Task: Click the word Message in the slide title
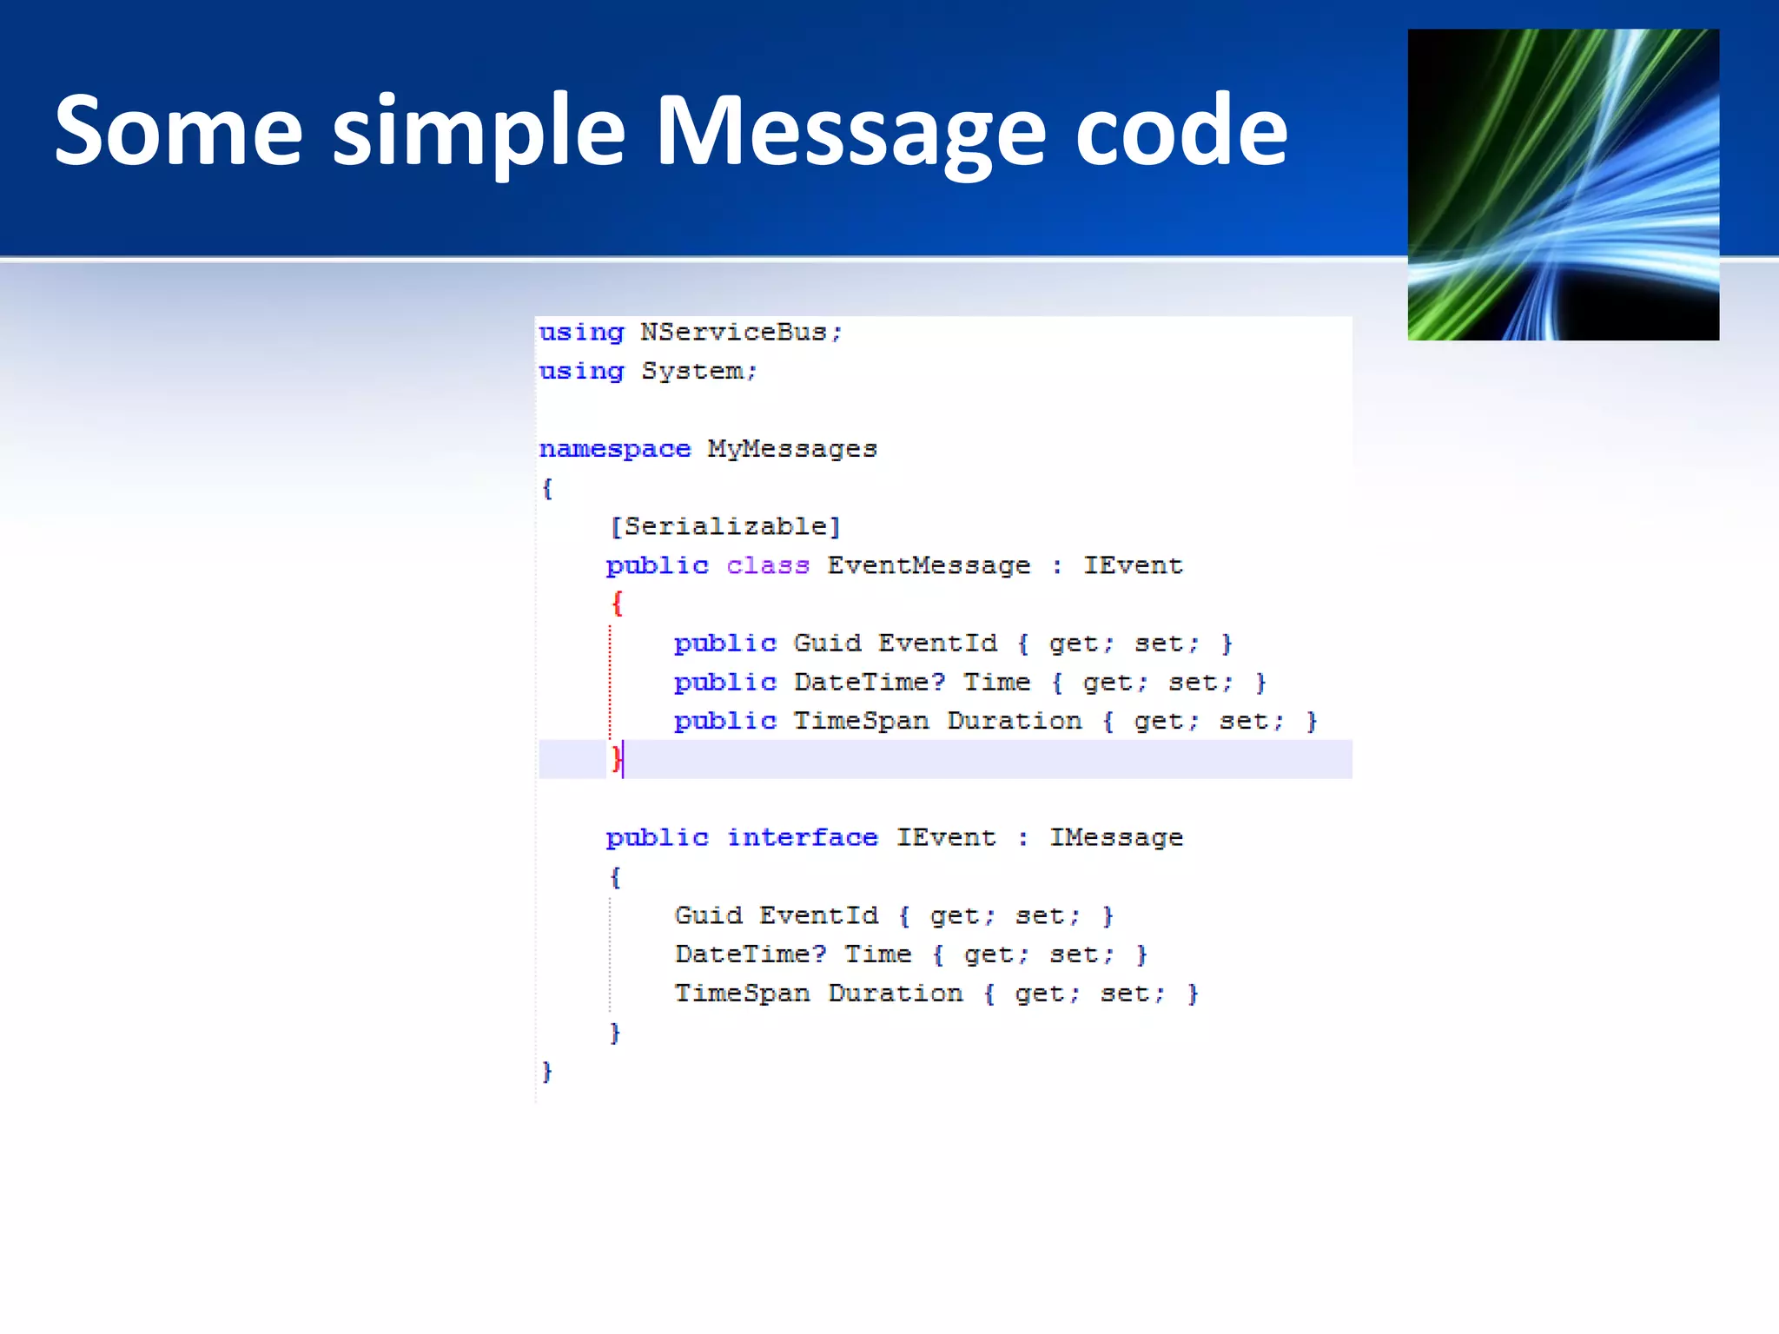pos(850,132)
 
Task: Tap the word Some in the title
pos(178,132)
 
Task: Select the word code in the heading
pos(1180,132)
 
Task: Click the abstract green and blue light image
pos(1563,184)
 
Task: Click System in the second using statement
pos(692,372)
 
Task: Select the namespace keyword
pos(614,449)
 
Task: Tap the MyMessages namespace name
pos(792,449)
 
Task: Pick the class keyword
pos(768,566)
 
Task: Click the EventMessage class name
pos(929,566)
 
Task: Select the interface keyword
pos(802,838)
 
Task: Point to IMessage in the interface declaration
pos(1116,838)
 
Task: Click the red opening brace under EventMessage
pos(617,603)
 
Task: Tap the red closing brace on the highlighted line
pos(616,759)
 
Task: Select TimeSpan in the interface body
pos(742,994)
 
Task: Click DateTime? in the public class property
pos(869,683)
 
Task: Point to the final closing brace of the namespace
pos(546,1072)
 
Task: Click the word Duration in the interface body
pos(896,994)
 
